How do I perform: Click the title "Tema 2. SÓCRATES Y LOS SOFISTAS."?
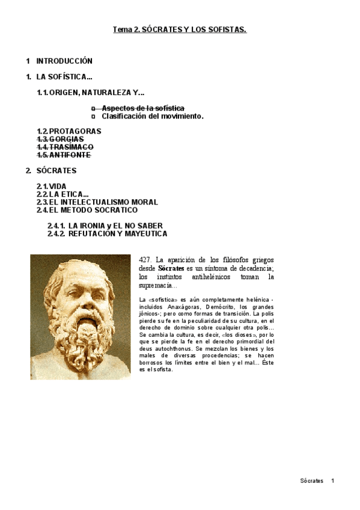pyautogui.click(x=180, y=29)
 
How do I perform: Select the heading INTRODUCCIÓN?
pyautogui.click(x=64, y=61)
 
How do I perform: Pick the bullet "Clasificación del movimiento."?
pyautogui.click(x=153, y=116)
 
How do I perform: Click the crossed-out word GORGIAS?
pyautogui.click(x=67, y=139)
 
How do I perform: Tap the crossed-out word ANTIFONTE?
pyautogui.click(x=70, y=155)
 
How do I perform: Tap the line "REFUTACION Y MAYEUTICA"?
pyautogui.click(x=118, y=233)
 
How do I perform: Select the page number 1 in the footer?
pyautogui.click(x=332, y=481)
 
